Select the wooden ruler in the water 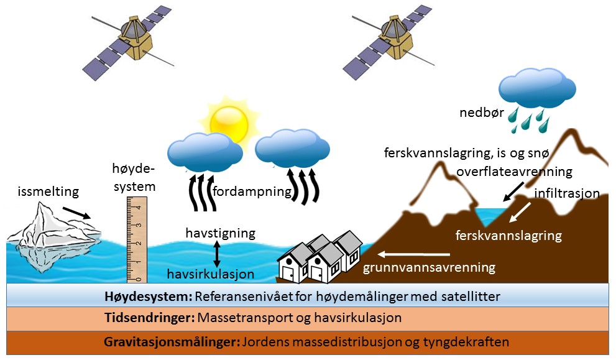[137, 240]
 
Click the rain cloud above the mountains [537, 88]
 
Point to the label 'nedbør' [482, 113]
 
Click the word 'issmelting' [48, 192]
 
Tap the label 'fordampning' [252, 192]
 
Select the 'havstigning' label [221, 233]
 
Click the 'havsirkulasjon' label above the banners [211, 274]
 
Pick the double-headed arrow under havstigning [216, 254]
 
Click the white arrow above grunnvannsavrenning [414, 254]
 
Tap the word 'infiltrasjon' [566, 193]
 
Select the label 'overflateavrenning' [514, 172]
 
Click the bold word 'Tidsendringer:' [150, 318]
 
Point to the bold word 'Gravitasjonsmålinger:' [172, 342]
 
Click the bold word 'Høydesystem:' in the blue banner [148, 297]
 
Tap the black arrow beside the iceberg [76, 212]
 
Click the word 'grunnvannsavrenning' [429, 267]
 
